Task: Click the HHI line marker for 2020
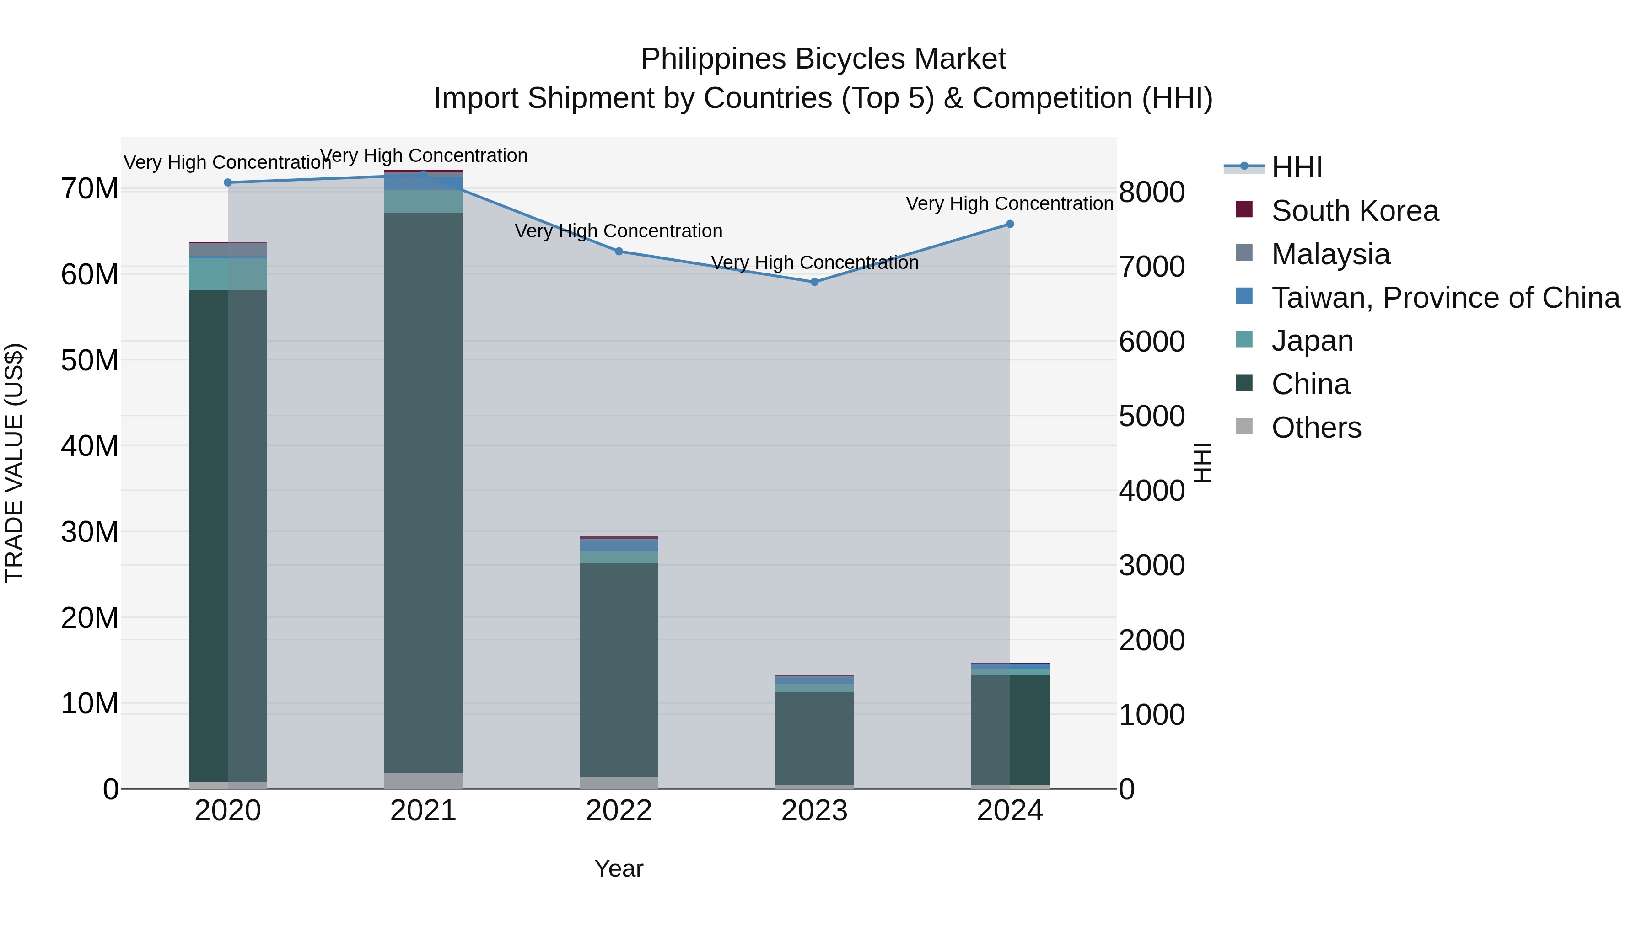(x=228, y=183)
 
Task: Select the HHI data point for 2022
(x=619, y=252)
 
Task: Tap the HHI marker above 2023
(x=814, y=282)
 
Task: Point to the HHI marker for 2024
(x=1010, y=225)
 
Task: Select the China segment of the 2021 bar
(x=423, y=492)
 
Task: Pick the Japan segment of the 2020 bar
(x=228, y=274)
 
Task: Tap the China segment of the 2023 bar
(x=814, y=738)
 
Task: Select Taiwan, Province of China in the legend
(x=1445, y=298)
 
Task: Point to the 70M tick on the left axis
(x=90, y=189)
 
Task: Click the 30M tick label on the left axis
(x=90, y=532)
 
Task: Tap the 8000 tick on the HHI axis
(x=1152, y=192)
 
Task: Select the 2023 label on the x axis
(x=814, y=811)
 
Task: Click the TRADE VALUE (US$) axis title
(x=14, y=463)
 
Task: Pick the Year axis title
(x=619, y=868)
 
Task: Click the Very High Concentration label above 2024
(x=1010, y=204)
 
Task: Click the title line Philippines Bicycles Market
(x=823, y=59)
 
